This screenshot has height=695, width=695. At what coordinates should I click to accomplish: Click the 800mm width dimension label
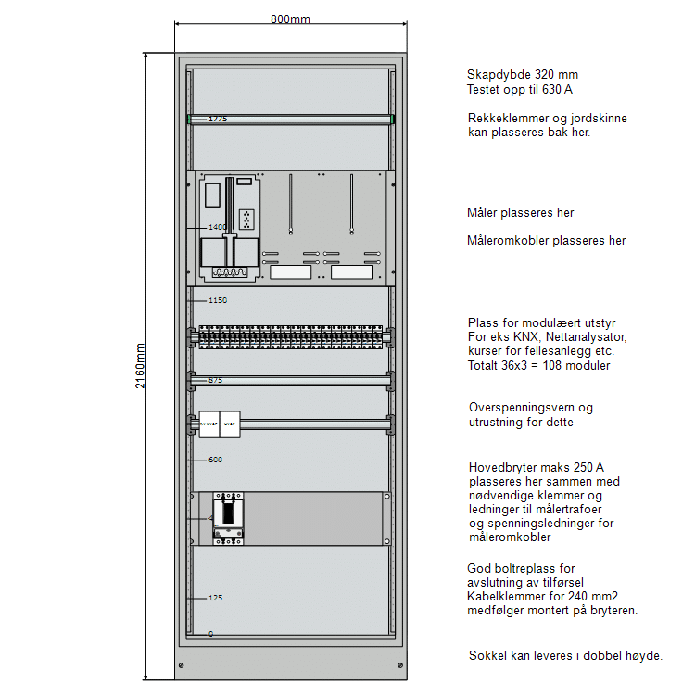pos(291,19)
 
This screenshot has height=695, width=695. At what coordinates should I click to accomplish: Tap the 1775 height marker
pos(218,120)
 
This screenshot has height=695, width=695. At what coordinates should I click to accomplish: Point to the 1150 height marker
pos(218,300)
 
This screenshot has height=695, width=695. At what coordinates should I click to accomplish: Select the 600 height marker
pos(215,460)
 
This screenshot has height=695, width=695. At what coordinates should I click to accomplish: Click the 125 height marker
pos(215,598)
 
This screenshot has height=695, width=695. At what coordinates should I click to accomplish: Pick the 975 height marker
pos(215,380)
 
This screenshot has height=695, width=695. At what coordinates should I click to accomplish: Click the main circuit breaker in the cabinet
pos(229,519)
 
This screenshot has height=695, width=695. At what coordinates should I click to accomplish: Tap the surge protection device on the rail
pos(220,424)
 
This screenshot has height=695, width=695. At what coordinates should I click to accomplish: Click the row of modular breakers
pos(291,337)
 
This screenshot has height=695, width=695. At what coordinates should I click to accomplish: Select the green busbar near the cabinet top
pos(291,119)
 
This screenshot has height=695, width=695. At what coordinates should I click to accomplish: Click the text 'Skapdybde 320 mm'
pos(523,75)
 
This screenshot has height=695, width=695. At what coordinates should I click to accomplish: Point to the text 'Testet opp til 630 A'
pos(520,90)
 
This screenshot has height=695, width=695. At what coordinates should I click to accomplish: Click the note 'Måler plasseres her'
pos(521,213)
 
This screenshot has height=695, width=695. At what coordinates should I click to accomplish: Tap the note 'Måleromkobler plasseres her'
pos(547,241)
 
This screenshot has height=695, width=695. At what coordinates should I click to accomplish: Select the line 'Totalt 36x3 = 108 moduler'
pos(539,365)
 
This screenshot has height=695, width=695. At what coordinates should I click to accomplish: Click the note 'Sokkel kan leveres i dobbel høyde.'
pos(565,655)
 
